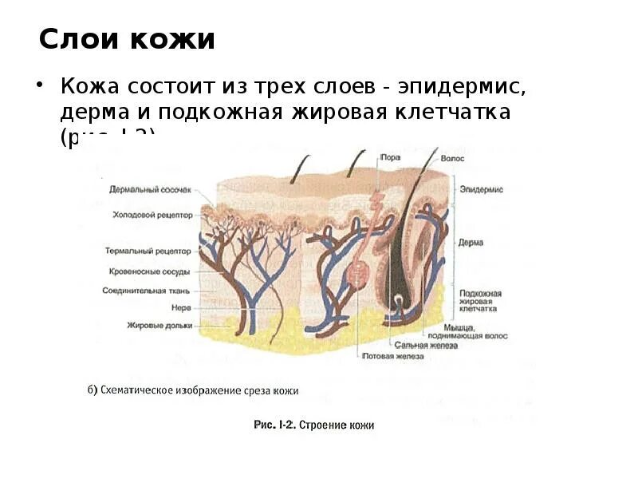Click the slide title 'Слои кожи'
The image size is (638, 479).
(128, 39)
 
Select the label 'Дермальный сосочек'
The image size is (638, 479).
(151, 188)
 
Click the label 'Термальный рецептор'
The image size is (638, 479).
(148, 250)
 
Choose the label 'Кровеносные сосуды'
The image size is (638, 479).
(149, 271)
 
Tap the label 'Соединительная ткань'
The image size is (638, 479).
(146, 290)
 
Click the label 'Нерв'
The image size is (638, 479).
(179, 307)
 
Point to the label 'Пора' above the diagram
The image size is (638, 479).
(391, 158)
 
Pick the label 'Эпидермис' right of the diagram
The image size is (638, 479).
(481, 189)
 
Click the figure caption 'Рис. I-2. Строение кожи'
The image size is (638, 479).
(313, 426)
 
